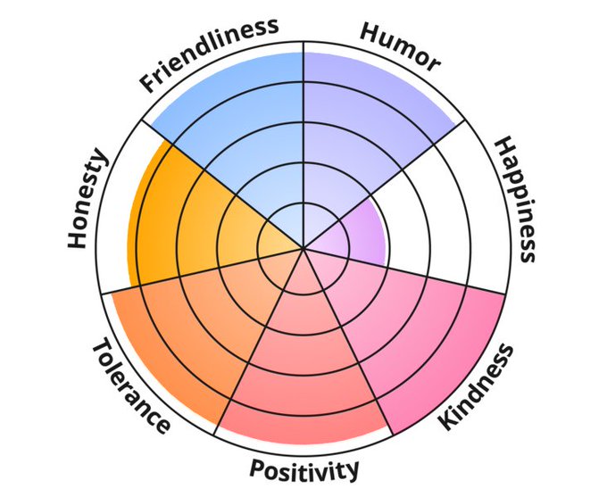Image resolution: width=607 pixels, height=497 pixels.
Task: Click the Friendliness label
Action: (x=209, y=54)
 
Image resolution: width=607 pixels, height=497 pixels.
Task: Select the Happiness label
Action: (x=515, y=198)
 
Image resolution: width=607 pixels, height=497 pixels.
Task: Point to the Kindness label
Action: (x=478, y=385)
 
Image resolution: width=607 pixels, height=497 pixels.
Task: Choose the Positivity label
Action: (x=304, y=469)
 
